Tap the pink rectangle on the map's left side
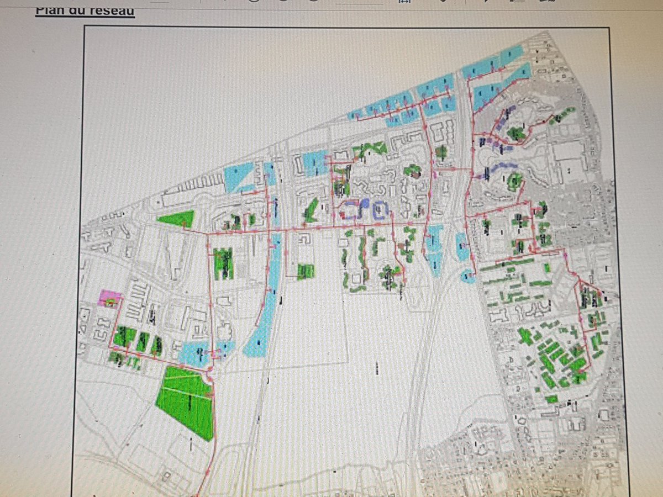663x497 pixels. pos(107,299)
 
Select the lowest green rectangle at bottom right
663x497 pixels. pos(551,399)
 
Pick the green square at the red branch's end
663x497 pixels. pos(306,271)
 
